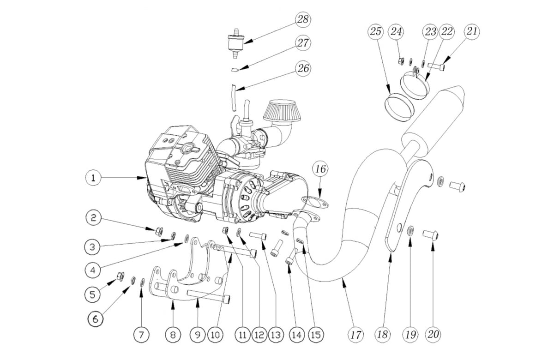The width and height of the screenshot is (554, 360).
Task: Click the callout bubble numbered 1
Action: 93,178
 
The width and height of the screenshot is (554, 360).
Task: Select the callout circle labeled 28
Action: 303,19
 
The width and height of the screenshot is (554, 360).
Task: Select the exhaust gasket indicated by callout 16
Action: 314,202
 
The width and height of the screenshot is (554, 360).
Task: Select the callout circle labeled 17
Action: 355,334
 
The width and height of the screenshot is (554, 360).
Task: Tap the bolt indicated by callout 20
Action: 430,235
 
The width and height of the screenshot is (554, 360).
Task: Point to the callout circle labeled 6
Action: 96,318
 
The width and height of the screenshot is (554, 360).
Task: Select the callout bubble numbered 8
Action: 173,334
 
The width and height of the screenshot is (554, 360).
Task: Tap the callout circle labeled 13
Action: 276,334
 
